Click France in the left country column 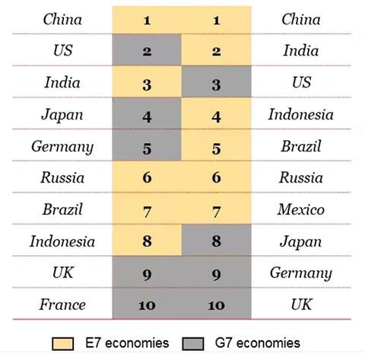62,304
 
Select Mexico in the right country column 301,209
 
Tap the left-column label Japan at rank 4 62,115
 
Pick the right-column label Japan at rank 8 301,242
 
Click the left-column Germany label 62,147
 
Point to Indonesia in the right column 301,114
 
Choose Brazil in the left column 62,209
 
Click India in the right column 301,50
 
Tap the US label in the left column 63,50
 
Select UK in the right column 301,304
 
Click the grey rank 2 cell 147,49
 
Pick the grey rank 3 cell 217,81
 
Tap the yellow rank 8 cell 147,240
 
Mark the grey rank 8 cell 217,240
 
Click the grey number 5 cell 147,145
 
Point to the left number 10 147,305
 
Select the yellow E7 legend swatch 62,343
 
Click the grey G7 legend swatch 193,343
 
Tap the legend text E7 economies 127,343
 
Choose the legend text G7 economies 258,343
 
